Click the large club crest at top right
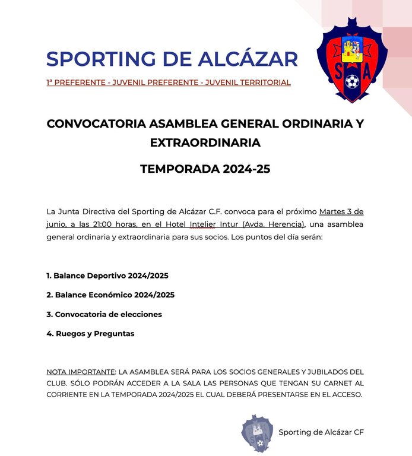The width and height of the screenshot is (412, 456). point(353,59)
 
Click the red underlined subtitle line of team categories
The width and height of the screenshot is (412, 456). point(169,83)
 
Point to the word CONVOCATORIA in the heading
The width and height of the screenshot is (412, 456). point(96,124)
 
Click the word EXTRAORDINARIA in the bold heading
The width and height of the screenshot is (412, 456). point(205,142)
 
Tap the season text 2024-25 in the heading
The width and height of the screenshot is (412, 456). point(246,169)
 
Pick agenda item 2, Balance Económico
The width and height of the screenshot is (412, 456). point(110,295)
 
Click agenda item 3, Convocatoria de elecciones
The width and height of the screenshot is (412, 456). point(104,314)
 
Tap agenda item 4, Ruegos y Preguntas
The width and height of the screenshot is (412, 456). point(90,334)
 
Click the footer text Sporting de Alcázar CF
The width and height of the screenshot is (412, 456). point(321,432)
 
